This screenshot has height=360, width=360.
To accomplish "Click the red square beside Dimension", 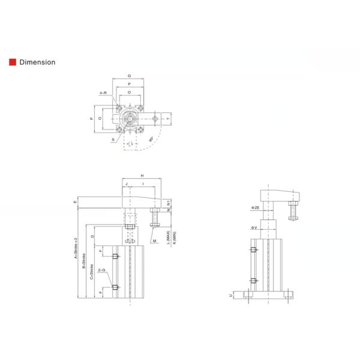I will tap(12, 62).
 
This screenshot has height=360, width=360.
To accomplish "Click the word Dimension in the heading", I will tap(37, 62).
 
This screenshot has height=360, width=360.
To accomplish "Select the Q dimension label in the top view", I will tap(129, 76).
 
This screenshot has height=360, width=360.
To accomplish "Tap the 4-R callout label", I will tap(103, 93).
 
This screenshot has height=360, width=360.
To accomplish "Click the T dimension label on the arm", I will tap(175, 119).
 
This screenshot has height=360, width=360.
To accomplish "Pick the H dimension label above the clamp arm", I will tap(142, 175).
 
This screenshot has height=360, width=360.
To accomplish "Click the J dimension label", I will tap(127, 183).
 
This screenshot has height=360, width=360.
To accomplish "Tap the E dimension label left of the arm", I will tap(75, 202).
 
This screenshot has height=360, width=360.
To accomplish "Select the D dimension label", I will tap(92, 236).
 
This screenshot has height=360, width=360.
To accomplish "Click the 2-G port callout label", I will tap(102, 271).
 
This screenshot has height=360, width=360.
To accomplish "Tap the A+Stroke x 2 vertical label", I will tap(77, 254).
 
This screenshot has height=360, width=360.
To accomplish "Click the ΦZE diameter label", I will tap(256, 208).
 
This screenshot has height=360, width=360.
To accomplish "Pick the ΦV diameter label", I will tap(254, 227).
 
